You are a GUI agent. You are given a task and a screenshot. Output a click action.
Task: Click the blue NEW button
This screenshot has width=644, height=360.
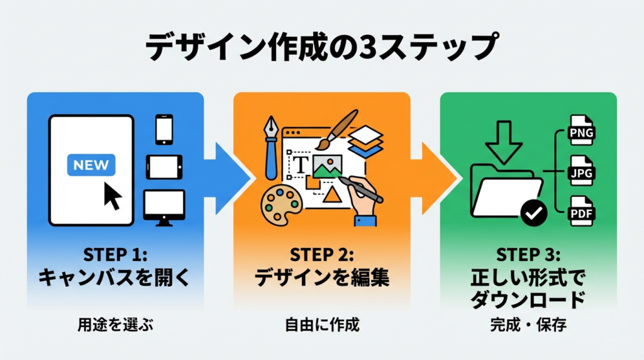coord(91,165)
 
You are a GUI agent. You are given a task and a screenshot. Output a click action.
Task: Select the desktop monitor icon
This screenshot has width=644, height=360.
coord(164,205)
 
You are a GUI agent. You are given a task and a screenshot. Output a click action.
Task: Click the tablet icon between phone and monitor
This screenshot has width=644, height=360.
coord(164,167)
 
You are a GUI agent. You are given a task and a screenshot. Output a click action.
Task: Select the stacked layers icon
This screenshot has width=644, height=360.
coord(365,142)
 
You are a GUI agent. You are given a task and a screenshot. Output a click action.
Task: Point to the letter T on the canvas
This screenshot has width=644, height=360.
coord(302,165)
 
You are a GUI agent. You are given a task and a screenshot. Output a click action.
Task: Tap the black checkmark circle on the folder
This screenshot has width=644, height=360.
coord(534,213)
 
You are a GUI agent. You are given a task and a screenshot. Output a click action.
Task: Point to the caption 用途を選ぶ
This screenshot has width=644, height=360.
coord(115,325)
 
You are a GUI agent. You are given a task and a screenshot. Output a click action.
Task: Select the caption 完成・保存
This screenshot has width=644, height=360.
coord(528,326)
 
